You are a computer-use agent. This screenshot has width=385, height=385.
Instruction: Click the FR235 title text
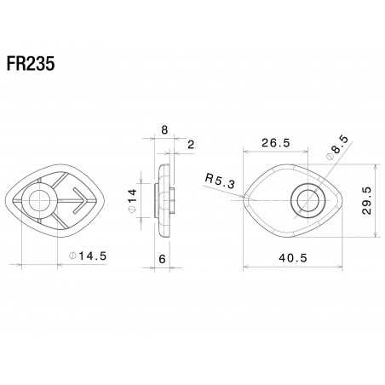[33, 66]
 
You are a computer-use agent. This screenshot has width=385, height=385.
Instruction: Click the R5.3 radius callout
[221, 180]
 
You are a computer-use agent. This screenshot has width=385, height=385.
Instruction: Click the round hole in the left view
[38, 201]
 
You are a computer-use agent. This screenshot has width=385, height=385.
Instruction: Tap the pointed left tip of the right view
[245, 200]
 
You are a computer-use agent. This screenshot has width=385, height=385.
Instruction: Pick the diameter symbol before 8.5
[330, 157]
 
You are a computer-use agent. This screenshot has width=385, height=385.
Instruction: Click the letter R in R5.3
[209, 180]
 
